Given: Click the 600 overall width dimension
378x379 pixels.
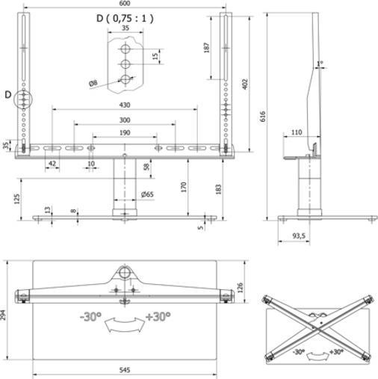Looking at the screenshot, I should click(x=126, y=4).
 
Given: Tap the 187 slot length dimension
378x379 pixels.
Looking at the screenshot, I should click(x=205, y=46).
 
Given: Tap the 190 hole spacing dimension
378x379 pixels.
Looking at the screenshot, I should click(x=124, y=133).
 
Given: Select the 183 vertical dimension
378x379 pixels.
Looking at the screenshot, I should click(x=217, y=189).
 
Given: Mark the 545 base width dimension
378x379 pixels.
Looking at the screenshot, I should click(x=124, y=371).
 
